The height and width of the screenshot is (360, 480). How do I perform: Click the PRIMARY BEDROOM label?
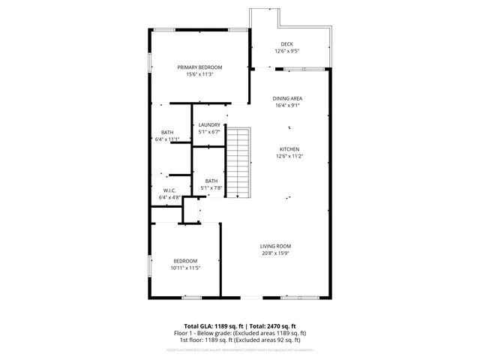199,67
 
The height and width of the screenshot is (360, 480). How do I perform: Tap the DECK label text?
286,44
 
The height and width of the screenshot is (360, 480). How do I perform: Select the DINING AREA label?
288,98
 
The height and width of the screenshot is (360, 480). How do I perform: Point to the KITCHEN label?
289,148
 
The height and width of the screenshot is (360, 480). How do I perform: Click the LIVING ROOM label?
275,246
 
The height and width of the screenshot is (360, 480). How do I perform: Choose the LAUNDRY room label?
209,124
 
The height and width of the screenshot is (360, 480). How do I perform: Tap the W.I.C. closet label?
169,190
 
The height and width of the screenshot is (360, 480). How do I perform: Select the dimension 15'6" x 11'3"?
199,74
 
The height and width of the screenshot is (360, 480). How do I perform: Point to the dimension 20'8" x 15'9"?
275,253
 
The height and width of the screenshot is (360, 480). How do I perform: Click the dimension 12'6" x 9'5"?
286,51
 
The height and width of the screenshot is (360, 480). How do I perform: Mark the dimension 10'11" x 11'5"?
185,267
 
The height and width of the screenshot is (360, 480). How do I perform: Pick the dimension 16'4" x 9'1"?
288,105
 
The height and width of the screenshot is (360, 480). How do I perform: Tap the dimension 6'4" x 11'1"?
166,139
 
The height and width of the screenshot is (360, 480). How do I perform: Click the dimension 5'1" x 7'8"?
211,187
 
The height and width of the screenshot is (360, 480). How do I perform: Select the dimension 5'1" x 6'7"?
209,132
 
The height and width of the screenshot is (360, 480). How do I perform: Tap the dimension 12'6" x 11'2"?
289,156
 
